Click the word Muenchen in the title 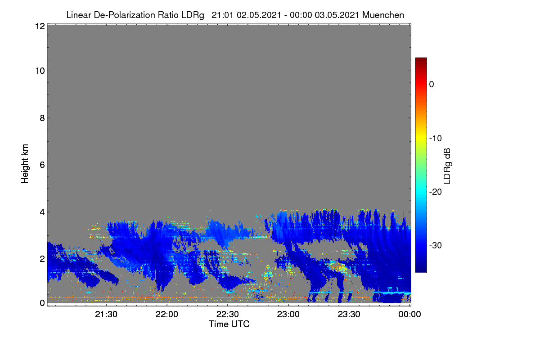(383, 15)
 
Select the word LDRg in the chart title (193, 15)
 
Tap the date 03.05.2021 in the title (337, 15)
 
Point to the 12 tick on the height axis (40, 26)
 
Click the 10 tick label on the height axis (40, 71)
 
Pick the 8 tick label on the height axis (42, 118)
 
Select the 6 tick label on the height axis (42, 165)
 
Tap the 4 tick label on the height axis (42, 212)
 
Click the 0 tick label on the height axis (42, 303)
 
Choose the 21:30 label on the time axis (106, 314)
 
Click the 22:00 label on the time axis (167, 314)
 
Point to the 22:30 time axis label (228, 314)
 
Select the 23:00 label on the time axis (288, 314)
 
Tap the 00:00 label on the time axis (409, 314)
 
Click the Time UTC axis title (229, 324)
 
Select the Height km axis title (25, 164)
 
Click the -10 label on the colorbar (436, 139)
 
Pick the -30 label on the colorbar (436, 245)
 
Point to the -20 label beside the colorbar (436, 192)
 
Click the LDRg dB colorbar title (447, 166)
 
